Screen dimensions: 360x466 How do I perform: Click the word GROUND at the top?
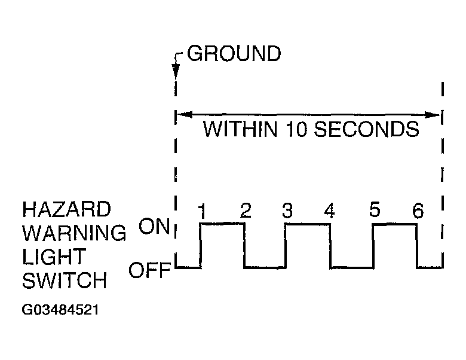234,54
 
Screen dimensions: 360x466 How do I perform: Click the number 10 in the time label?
296,129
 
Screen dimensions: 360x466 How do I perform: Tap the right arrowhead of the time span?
437,114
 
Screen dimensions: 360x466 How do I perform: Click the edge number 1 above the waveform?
203,211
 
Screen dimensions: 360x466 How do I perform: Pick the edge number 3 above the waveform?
287,211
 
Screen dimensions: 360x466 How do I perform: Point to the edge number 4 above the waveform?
329,211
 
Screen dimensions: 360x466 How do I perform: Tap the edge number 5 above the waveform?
375,211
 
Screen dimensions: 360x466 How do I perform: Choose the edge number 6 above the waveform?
418,211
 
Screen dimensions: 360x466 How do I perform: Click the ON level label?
155,227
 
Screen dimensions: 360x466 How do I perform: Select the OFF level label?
150,271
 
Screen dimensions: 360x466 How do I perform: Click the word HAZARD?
66,210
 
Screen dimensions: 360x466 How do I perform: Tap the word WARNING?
74,233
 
